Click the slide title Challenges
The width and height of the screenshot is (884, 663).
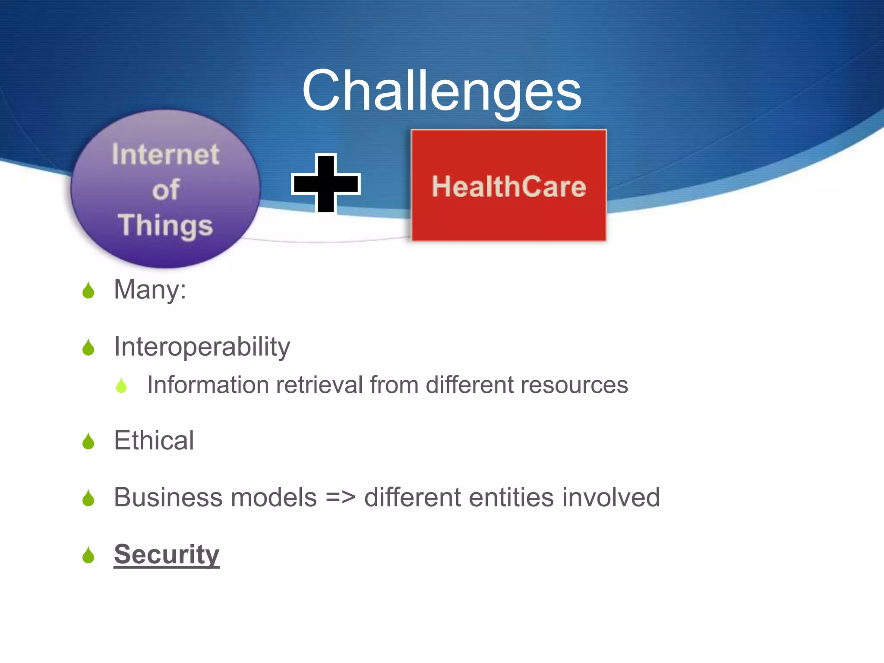click(442, 92)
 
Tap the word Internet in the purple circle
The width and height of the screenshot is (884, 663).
click(165, 155)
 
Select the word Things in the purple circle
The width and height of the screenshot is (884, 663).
click(165, 225)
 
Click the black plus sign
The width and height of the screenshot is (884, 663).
click(326, 183)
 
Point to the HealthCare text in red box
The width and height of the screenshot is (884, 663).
click(509, 186)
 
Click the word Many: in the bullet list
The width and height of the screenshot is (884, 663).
click(150, 290)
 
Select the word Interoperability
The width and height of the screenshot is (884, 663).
click(202, 347)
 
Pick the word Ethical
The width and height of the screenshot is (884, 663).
click(154, 441)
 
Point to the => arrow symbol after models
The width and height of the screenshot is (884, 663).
click(341, 497)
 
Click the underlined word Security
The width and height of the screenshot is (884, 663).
click(167, 554)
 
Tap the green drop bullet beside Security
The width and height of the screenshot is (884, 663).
click(88, 556)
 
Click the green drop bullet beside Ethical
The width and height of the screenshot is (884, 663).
click(88, 442)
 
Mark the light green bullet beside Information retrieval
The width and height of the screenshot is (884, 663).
click(122, 386)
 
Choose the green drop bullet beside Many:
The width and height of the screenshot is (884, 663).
click(88, 291)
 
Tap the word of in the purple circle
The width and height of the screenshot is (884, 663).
click(165, 190)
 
